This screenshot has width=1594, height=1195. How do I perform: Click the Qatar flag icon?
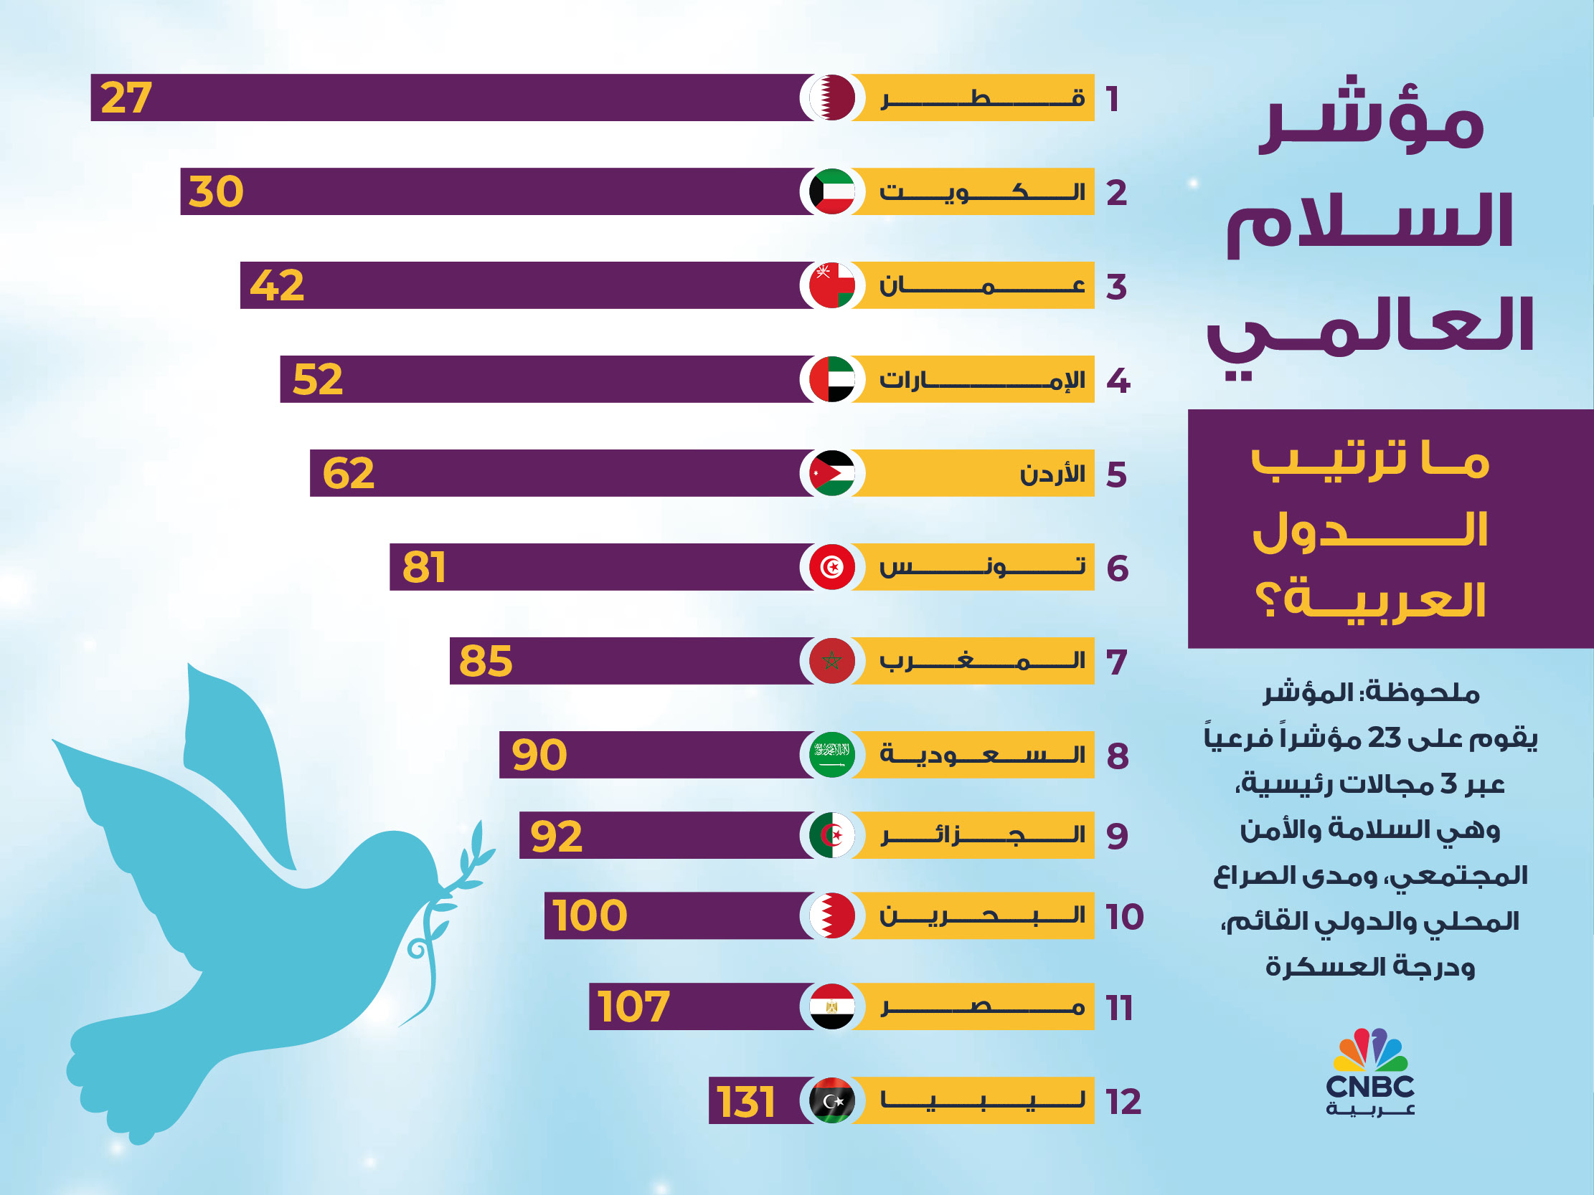pyautogui.click(x=831, y=97)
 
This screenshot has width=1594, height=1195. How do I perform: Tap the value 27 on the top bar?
pyautogui.click(x=126, y=97)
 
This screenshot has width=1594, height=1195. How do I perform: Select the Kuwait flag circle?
pyautogui.click(x=831, y=191)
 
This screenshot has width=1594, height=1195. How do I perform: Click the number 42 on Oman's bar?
pyautogui.click(x=277, y=285)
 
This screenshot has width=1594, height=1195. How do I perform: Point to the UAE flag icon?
pyautogui.click(x=831, y=379)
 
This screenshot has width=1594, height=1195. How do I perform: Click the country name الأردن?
pyautogui.click(x=1052, y=474)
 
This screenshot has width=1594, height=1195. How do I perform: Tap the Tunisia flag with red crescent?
pyautogui.click(x=831, y=567)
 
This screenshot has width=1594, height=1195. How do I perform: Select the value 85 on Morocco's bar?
pyautogui.click(x=486, y=661)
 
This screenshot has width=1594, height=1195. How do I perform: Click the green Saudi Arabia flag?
pyautogui.click(x=831, y=755)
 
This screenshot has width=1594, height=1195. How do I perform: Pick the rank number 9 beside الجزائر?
pyautogui.click(x=1117, y=836)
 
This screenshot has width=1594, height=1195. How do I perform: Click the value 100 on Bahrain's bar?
pyautogui.click(x=590, y=915)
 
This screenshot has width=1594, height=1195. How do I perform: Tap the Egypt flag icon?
pyautogui.click(x=831, y=1006)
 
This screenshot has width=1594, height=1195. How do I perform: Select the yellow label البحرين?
pyautogui.click(x=982, y=915)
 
